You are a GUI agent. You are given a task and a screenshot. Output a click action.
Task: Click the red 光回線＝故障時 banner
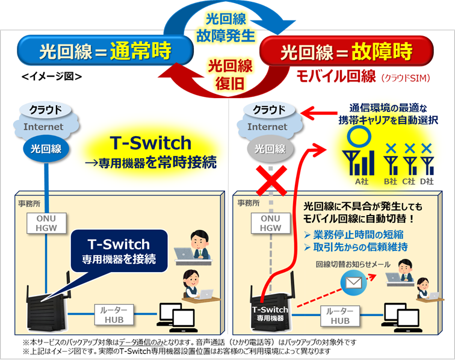357,51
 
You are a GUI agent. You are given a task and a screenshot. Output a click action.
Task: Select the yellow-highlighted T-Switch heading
150,143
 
